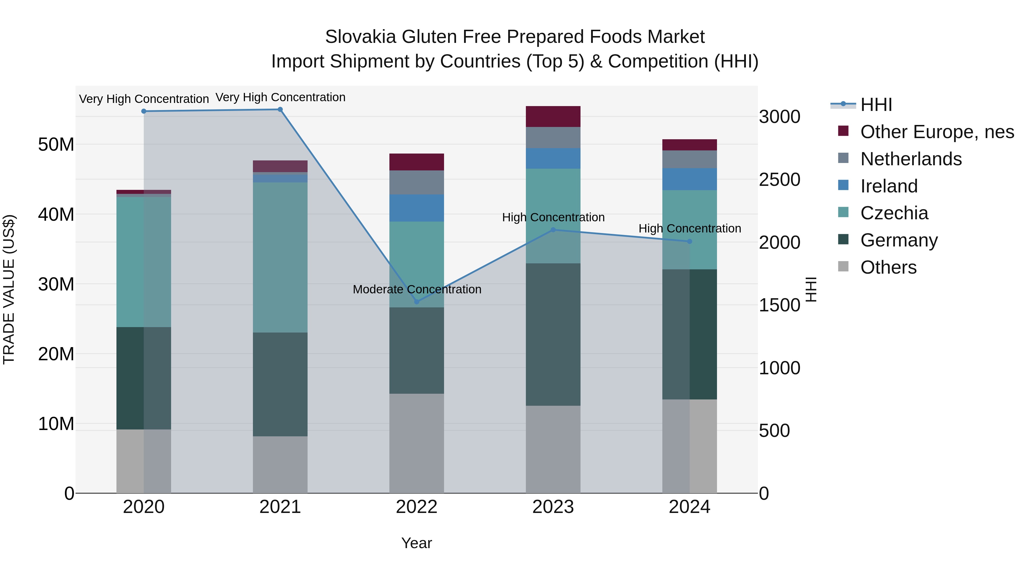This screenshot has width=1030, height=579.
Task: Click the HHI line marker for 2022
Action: pos(417,302)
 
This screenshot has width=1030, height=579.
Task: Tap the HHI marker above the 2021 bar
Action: pos(280,110)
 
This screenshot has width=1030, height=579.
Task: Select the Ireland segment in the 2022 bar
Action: pos(417,208)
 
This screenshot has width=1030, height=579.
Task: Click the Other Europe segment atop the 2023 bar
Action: pos(553,117)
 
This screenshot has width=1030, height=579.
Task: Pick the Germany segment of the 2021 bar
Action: pos(280,384)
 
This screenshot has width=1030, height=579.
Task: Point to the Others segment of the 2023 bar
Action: pos(553,449)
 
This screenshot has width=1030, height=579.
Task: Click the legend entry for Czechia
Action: pos(894,213)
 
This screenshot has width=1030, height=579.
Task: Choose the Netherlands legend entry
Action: pos(911,159)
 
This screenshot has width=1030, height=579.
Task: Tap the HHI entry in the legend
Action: pos(876,105)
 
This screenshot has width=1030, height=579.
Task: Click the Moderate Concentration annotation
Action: pos(417,289)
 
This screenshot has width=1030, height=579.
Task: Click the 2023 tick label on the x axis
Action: pos(553,507)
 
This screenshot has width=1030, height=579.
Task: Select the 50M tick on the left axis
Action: pos(56,144)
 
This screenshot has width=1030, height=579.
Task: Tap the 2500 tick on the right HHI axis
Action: pos(779,180)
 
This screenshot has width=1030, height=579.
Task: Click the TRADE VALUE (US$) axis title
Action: pos(9,289)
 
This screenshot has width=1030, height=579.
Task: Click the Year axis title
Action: pos(417,543)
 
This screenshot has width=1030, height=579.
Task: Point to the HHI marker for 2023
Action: pos(553,230)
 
